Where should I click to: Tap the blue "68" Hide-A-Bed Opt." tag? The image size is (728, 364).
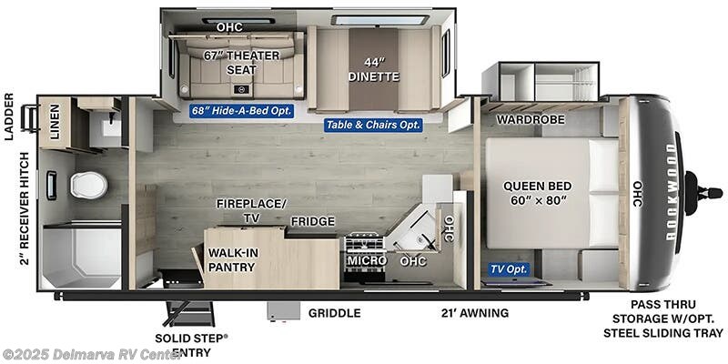pyautogui.click(x=241, y=111)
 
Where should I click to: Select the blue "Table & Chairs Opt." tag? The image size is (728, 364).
pyautogui.click(x=373, y=125)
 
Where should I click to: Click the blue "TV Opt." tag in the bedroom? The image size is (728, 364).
pyautogui.click(x=509, y=268)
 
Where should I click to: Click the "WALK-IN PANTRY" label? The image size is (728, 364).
pyautogui.click(x=231, y=259)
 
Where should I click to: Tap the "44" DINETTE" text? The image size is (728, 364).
pyautogui.click(x=374, y=69)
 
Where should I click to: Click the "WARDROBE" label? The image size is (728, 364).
pyautogui.click(x=531, y=119)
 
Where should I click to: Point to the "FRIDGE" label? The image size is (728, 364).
pyautogui.click(x=312, y=221)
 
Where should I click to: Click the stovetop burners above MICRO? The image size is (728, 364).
pyautogui.click(x=364, y=243)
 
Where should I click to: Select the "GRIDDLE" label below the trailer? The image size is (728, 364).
pyautogui.click(x=334, y=313)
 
